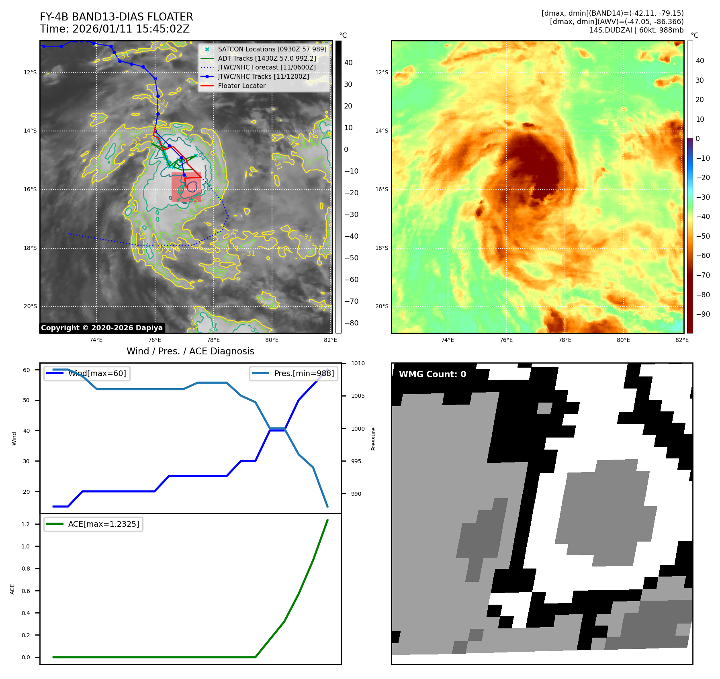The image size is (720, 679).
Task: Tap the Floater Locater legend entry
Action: [x=241, y=86]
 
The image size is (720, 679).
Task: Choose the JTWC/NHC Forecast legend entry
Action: [x=267, y=67]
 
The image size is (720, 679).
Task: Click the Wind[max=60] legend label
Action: [x=97, y=373]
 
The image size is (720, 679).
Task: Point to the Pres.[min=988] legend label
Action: [x=304, y=373]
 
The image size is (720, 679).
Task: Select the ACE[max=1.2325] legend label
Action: [x=104, y=524]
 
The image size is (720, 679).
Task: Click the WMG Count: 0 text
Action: [x=432, y=374]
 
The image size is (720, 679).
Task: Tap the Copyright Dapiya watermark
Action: [x=102, y=328]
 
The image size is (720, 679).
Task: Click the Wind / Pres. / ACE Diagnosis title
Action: [x=190, y=351]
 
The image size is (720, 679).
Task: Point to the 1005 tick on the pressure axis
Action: [x=358, y=396]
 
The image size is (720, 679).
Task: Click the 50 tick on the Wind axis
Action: [x=27, y=400]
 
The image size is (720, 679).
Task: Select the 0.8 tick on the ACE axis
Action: [x=26, y=569]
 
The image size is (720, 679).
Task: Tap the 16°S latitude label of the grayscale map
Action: [x=30, y=189]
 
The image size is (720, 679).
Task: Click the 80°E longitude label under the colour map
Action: [x=623, y=340]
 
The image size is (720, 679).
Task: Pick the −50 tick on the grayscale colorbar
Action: [x=351, y=258]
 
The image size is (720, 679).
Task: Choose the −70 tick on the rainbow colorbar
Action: [x=703, y=275]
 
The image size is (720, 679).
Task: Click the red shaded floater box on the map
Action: [x=186, y=187]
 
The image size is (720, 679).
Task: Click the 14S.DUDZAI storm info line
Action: [x=636, y=30]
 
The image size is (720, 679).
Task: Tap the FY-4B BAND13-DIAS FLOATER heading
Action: [x=116, y=17]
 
